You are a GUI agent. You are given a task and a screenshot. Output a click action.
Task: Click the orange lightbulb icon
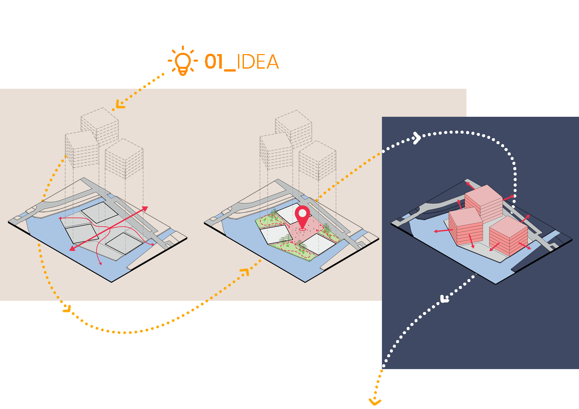tap(183, 61)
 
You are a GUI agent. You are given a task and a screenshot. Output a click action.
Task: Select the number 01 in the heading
tap(214, 62)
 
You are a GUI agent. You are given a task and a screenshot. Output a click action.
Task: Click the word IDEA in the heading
tap(258, 62)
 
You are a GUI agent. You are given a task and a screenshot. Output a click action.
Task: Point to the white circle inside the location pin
tap(302, 213)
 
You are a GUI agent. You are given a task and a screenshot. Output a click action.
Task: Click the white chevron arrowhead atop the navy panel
tap(417, 138)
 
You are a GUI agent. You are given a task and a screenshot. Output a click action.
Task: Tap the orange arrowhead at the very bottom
tap(375, 402)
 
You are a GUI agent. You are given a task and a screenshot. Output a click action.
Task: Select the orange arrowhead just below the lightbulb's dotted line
tap(119, 105)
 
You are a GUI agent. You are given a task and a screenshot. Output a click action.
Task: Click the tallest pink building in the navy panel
tap(484, 202)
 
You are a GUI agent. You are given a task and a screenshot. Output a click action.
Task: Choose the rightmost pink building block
tap(508, 236)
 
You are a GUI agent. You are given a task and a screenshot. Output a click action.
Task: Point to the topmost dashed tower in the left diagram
tap(100, 125)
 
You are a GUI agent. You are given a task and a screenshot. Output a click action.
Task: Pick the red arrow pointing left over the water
tap(442, 231)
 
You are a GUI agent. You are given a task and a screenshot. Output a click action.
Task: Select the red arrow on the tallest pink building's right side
tap(509, 198)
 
